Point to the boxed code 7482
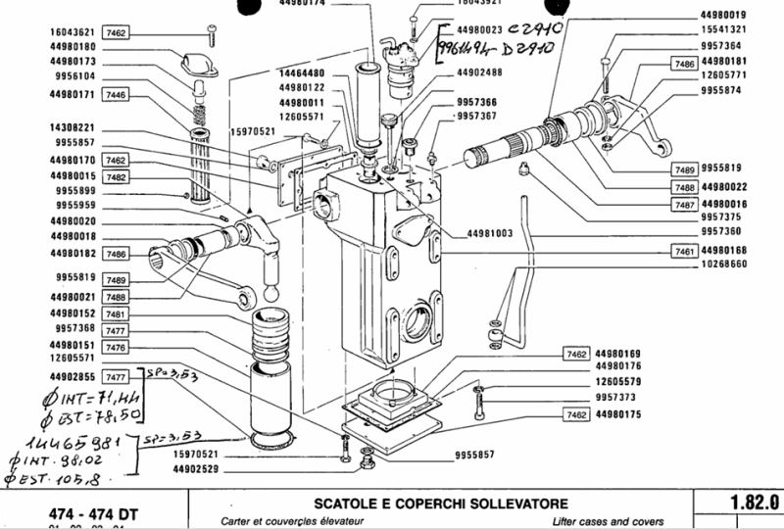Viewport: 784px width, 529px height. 117,177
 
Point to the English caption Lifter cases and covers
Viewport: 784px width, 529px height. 608,520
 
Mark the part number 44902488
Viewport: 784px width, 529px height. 482,72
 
